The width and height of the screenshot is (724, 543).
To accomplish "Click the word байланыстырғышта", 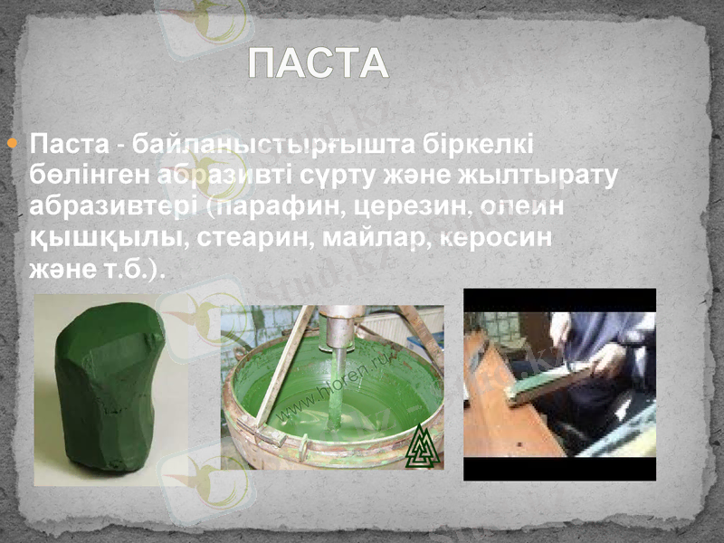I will coord(310,144).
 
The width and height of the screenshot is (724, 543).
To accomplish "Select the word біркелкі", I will coord(492,144).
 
